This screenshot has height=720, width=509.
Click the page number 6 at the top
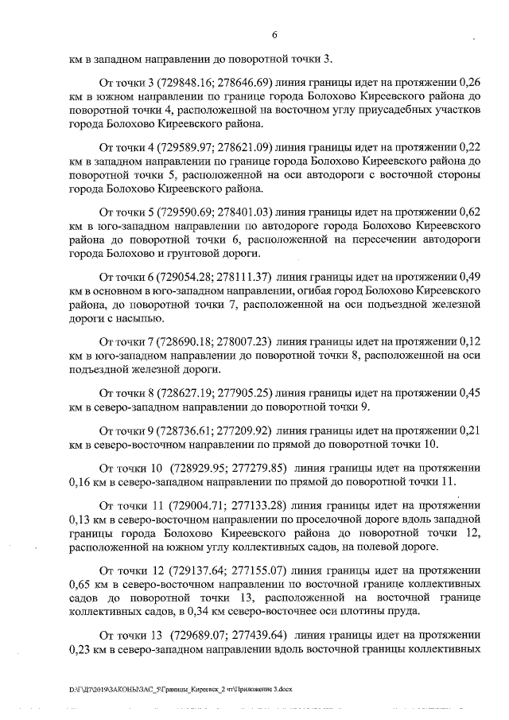tap(274, 35)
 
